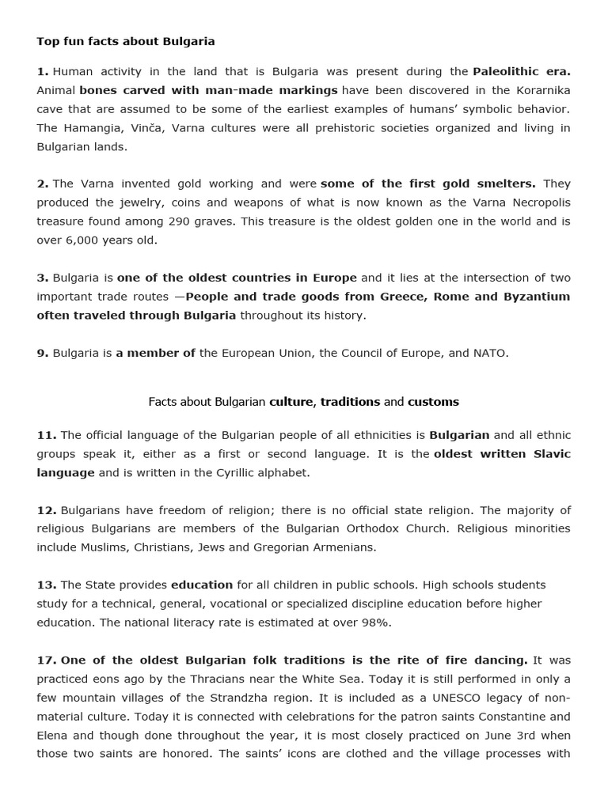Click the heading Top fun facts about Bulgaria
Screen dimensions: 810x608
click(x=125, y=41)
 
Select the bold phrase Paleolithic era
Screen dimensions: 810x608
click(x=521, y=71)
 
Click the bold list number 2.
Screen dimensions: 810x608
click(x=42, y=184)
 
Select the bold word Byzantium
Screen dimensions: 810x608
click(x=537, y=297)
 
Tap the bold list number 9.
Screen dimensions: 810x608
click(x=42, y=353)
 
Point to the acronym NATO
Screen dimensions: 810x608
click(x=489, y=353)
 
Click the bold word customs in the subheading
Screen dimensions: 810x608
click(x=433, y=402)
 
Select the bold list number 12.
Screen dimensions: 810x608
click(x=46, y=510)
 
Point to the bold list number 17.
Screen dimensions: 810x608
click(x=46, y=660)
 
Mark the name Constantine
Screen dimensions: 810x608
click(x=503, y=717)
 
